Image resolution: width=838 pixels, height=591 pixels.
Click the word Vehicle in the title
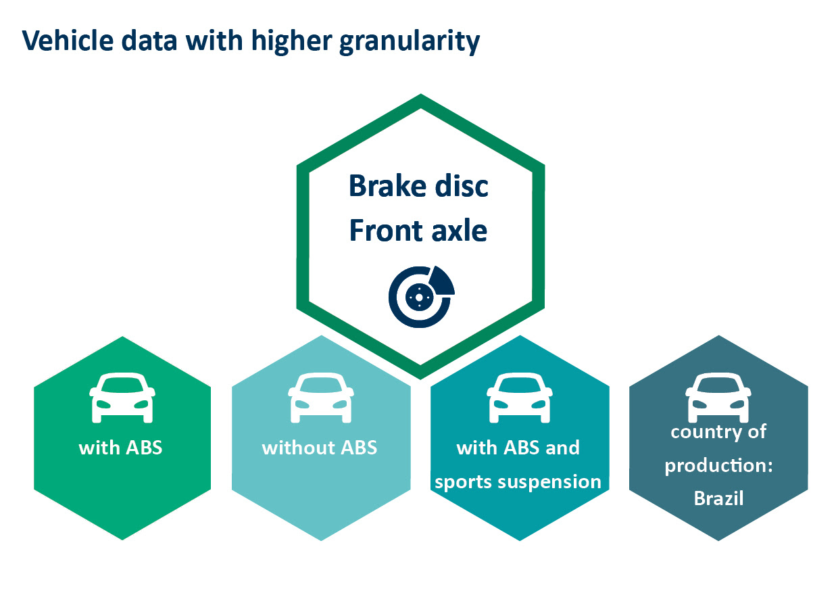(68, 41)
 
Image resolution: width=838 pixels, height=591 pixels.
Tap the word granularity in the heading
(410, 42)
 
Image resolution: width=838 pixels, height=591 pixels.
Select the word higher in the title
(292, 42)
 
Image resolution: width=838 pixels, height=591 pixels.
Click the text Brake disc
(418, 186)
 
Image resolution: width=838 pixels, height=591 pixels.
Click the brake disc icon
(422, 296)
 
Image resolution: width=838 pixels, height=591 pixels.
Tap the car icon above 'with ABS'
(122, 398)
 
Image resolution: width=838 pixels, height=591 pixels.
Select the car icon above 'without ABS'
(321, 398)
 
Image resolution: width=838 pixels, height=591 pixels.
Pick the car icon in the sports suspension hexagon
(520, 398)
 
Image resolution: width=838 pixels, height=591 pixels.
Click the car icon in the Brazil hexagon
(718, 398)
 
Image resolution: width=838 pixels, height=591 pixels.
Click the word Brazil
(718, 498)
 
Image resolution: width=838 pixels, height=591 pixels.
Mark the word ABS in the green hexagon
(144, 448)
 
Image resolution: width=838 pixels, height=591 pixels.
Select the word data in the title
(149, 41)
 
